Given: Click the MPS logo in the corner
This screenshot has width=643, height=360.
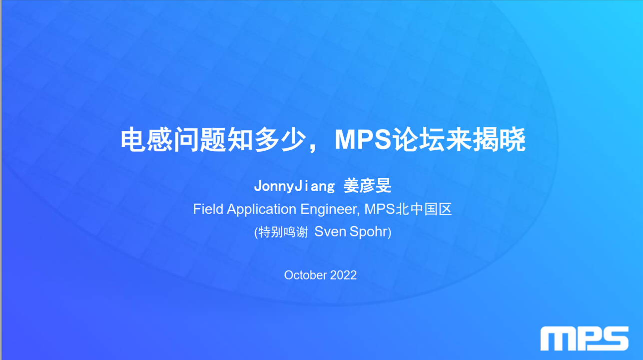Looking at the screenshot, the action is [585, 338].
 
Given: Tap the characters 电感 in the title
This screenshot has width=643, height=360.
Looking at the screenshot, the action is [146, 140].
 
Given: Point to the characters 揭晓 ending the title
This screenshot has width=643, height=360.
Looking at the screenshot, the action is [500, 140].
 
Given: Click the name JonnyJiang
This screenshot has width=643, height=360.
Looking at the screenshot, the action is [294, 186].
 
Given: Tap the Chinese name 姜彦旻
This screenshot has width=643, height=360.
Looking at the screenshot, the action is [367, 186].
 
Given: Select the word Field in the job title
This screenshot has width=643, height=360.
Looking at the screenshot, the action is [208, 209].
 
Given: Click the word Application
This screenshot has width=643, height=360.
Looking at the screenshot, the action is [261, 209].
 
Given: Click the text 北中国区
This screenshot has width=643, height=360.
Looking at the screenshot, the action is [424, 209].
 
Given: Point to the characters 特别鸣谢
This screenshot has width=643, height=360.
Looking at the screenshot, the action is [283, 232].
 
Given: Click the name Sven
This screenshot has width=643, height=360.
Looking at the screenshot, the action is [330, 232].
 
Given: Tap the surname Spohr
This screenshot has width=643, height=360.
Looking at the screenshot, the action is [369, 232].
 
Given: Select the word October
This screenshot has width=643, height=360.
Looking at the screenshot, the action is [305, 275].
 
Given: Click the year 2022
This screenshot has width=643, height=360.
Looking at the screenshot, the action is [343, 275].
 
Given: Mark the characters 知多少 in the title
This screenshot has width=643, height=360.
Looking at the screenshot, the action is [267, 140].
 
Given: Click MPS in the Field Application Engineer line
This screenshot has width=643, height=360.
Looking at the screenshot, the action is [380, 209].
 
